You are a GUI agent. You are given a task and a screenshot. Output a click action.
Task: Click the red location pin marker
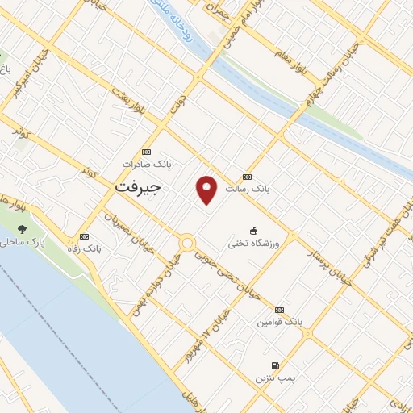pos(207,189)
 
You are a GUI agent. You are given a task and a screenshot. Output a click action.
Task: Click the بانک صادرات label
pos(147,164)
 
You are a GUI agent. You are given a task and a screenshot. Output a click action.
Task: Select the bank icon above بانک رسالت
pos(247,177)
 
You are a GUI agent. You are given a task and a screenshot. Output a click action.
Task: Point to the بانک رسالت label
pos(247,188)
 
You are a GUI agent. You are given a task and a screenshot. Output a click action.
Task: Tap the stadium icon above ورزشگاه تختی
pos(254,230)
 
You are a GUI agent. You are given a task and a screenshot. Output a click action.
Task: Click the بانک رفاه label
pos(85,248)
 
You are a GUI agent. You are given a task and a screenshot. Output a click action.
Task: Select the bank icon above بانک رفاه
pos(85,236)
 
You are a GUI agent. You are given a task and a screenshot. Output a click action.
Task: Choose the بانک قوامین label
pos(279,321)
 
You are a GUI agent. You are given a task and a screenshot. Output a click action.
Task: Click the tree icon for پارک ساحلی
pos(21,229)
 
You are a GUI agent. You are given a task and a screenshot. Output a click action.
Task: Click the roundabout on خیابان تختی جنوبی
pos(187,241)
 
